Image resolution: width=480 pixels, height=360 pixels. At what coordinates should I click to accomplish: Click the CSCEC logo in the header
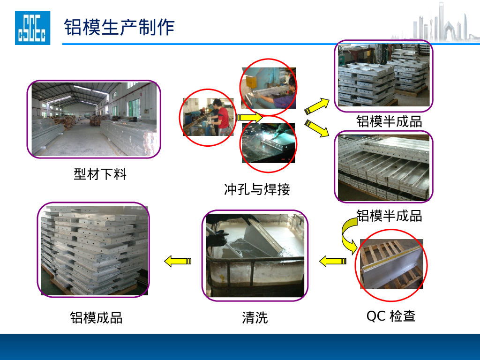click(32, 28)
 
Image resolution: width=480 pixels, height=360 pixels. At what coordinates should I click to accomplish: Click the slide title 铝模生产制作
click(119, 27)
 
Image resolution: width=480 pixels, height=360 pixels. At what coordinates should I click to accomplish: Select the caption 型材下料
click(100, 174)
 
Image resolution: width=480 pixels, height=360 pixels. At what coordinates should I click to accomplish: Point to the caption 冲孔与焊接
click(257, 189)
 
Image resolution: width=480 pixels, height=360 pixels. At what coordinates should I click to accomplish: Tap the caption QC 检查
click(391, 316)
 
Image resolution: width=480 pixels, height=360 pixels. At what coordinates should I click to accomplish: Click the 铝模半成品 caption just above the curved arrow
click(389, 216)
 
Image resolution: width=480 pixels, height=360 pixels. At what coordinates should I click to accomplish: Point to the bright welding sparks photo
click(269, 143)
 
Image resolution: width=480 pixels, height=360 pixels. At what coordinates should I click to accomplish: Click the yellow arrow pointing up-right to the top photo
click(317, 105)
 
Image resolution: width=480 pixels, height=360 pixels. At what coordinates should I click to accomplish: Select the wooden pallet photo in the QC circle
click(391, 264)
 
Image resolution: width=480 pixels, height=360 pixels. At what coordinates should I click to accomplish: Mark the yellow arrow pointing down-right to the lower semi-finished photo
click(317, 129)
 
